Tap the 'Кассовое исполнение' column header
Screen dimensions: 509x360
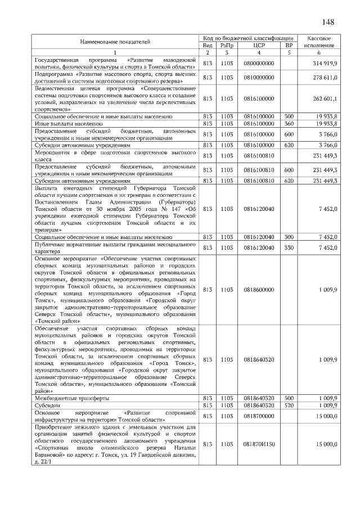click(x=319, y=41)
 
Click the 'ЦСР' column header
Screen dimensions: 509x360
click(x=259, y=45)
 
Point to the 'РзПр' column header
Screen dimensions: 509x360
click(x=227, y=45)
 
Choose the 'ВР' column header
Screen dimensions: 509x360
click(x=289, y=45)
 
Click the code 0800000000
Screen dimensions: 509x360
click(x=259, y=63)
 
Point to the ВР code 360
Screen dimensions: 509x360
click(x=289, y=123)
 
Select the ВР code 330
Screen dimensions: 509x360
click(x=289, y=247)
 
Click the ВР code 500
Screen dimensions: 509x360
click(x=289, y=398)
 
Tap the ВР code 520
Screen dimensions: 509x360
click(x=289, y=405)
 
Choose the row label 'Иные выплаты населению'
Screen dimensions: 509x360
click(x=68, y=123)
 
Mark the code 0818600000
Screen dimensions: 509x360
click(x=259, y=289)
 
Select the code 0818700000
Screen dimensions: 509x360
click(x=259, y=416)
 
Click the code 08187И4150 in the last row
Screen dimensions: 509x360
click(x=259, y=444)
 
